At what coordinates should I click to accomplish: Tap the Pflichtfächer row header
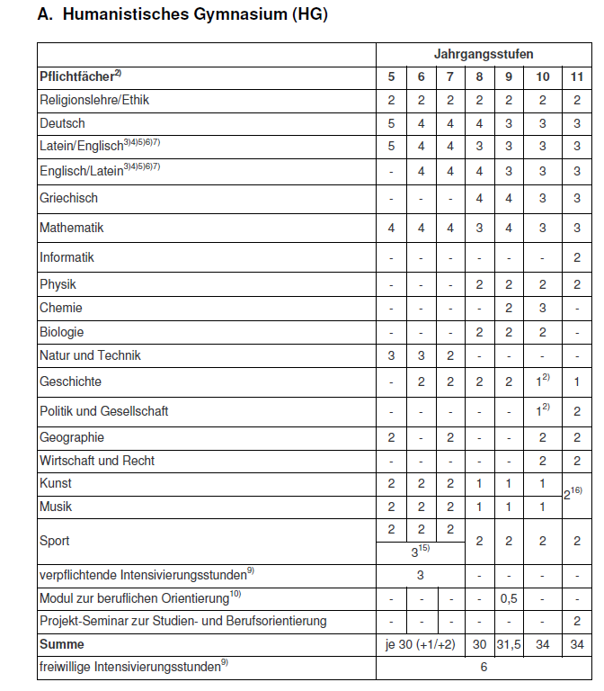[x=80, y=77]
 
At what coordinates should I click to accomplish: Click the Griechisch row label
[x=69, y=198]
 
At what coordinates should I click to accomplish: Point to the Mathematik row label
[x=72, y=228]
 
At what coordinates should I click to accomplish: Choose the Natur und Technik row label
[x=90, y=355]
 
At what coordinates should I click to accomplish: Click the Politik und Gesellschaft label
[x=104, y=411]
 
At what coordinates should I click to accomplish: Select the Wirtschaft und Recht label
[x=97, y=461]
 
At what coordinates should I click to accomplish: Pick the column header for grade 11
[x=577, y=77]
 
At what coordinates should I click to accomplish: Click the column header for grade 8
[x=479, y=77]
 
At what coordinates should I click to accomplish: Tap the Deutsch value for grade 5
[x=392, y=122]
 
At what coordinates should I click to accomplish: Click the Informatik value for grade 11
[x=577, y=257]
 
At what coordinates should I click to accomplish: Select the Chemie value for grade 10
[x=543, y=308]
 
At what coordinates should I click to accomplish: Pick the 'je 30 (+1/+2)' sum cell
[x=421, y=644]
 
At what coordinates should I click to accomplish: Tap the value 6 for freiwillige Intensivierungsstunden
[x=484, y=668]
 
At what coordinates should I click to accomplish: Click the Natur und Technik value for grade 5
[x=392, y=355]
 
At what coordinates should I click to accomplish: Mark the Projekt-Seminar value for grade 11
[x=577, y=621]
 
